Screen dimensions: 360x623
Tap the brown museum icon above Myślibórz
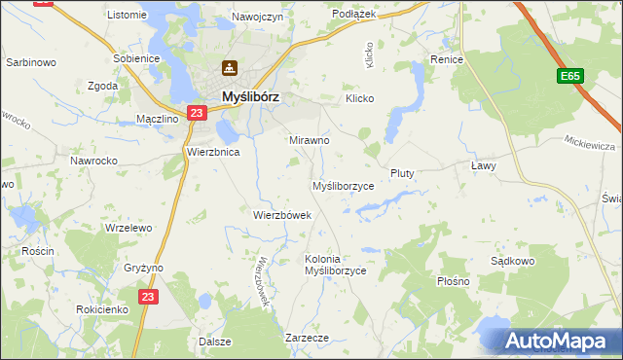pyautogui.click(x=230, y=68)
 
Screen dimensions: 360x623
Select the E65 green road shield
pyautogui.click(x=571, y=76)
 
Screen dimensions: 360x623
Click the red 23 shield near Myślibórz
pyautogui.click(x=197, y=113)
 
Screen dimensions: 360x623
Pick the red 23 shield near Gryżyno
pyautogui.click(x=147, y=297)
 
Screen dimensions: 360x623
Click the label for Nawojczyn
pyautogui.click(x=257, y=17)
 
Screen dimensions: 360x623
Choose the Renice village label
pyautogui.click(x=447, y=59)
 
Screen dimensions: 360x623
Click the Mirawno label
pyautogui.click(x=310, y=140)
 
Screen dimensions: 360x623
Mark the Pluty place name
pyautogui.click(x=402, y=173)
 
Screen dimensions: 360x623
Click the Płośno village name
pyautogui.click(x=453, y=281)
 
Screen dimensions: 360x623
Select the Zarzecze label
pyautogui.click(x=307, y=337)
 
